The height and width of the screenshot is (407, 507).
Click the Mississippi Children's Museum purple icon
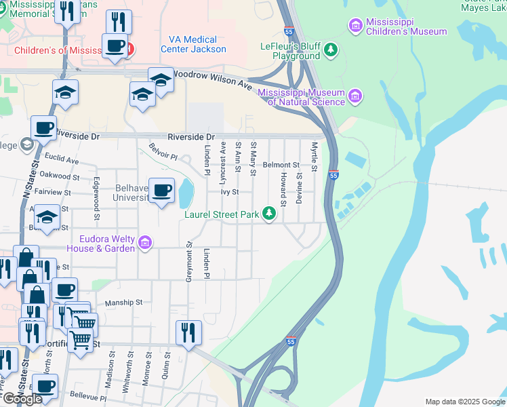(355, 26)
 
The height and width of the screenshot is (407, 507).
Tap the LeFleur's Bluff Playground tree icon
(330, 49)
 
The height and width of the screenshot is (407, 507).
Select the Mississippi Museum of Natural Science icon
(354, 97)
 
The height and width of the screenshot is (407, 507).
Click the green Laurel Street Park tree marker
(270, 214)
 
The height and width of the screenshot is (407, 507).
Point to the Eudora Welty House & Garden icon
(144, 243)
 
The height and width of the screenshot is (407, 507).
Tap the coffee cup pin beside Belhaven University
(161, 192)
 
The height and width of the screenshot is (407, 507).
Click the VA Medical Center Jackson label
(193, 44)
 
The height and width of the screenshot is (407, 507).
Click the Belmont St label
(281, 165)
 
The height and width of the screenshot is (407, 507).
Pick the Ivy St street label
(230, 192)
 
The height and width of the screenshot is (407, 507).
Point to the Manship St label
(123, 303)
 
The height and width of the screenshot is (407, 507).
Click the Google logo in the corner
(22, 399)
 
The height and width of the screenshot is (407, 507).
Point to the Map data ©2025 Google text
(465, 402)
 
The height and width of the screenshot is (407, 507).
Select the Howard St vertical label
(283, 185)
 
